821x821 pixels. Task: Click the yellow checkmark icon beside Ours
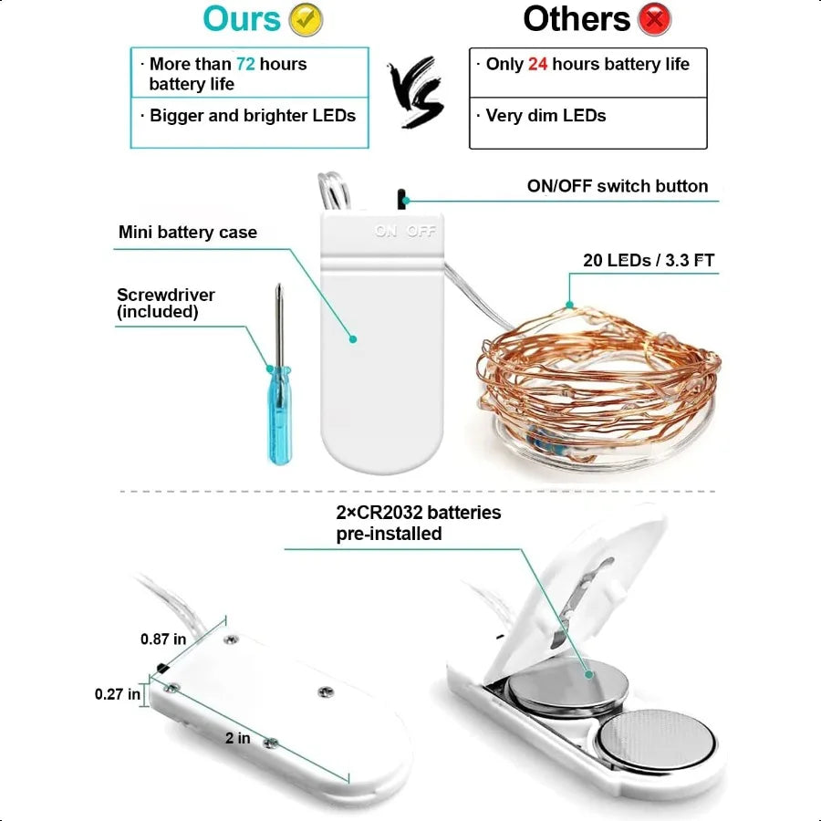pos(306,20)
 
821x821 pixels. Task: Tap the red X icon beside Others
pos(654,19)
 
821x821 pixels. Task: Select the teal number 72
pos(245,64)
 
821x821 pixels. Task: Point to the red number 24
pos(537,64)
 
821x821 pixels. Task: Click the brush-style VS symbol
pos(416,91)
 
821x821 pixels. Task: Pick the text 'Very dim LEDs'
pos(546,115)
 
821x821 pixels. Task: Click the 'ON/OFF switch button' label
pos(618,186)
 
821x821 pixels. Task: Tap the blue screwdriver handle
pos(280,415)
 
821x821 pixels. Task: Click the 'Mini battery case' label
pos(187,232)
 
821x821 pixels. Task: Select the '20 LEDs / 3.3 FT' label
pos(649,260)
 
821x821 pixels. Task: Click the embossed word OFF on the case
pos(421,231)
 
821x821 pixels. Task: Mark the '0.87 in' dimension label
pos(163,639)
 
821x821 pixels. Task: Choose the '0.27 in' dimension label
pos(118,694)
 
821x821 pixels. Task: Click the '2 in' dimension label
pos(238,738)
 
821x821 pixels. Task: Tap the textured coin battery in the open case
pos(657,740)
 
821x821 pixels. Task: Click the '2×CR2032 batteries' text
pos(419,512)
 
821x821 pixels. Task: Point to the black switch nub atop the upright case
pos(402,200)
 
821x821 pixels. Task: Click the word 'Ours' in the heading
pos(242,19)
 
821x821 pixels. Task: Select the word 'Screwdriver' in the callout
pos(165,295)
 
